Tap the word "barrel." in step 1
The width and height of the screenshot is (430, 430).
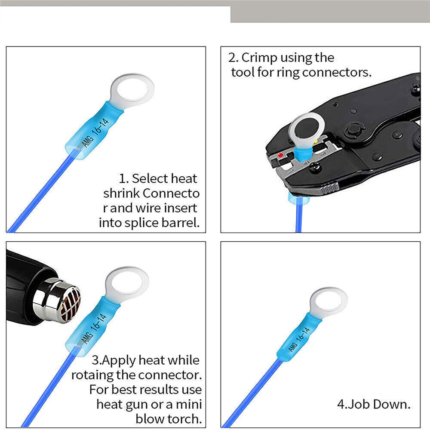(181, 223)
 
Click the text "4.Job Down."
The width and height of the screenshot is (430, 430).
(374, 404)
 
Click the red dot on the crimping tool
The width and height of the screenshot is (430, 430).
(280, 155)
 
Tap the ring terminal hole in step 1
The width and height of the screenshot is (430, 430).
(132, 90)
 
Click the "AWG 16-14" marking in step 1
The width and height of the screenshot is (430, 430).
(95, 133)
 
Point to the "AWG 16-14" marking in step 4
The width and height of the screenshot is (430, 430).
(299, 339)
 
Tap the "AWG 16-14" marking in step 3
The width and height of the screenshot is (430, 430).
(94, 329)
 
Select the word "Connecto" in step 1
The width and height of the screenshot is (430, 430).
(171, 193)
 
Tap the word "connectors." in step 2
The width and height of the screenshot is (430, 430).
(337, 72)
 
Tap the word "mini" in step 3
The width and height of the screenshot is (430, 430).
(189, 404)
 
